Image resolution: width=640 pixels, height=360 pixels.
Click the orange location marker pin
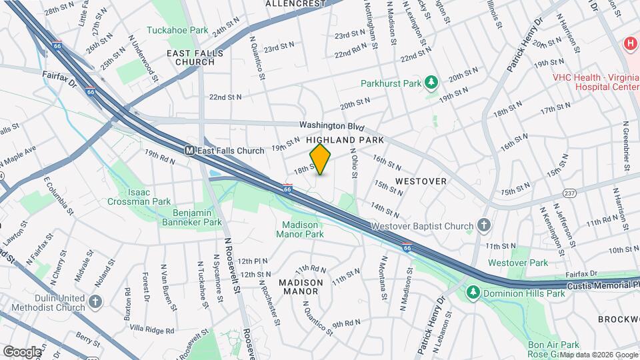(x=321, y=159)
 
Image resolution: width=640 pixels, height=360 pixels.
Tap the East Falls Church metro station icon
(x=190, y=151)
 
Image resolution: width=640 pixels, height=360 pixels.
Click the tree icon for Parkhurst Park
(x=431, y=83)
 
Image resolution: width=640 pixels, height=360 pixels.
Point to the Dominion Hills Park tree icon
(x=473, y=292)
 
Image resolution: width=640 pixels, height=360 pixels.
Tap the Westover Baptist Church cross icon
(x=485, y=227)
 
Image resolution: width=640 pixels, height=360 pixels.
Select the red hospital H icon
(x=629, y=45)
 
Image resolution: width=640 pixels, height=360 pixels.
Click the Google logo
(x=21, y=351)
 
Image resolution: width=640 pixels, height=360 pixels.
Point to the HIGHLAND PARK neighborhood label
(x=345, y=141)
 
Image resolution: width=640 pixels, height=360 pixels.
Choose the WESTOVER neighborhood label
(x=420, y=181)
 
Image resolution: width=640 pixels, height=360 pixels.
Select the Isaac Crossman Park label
(x=139, y=197)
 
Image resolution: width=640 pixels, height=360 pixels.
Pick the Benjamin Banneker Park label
(x=189, y=217)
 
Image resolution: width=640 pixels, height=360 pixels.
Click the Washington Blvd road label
(x=332, y=125)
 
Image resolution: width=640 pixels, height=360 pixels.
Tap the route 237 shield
(x=569, y=193)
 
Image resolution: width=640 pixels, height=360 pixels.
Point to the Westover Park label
(x=518, y=263)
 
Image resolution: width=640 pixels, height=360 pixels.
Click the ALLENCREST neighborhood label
(x=294, y=4)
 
